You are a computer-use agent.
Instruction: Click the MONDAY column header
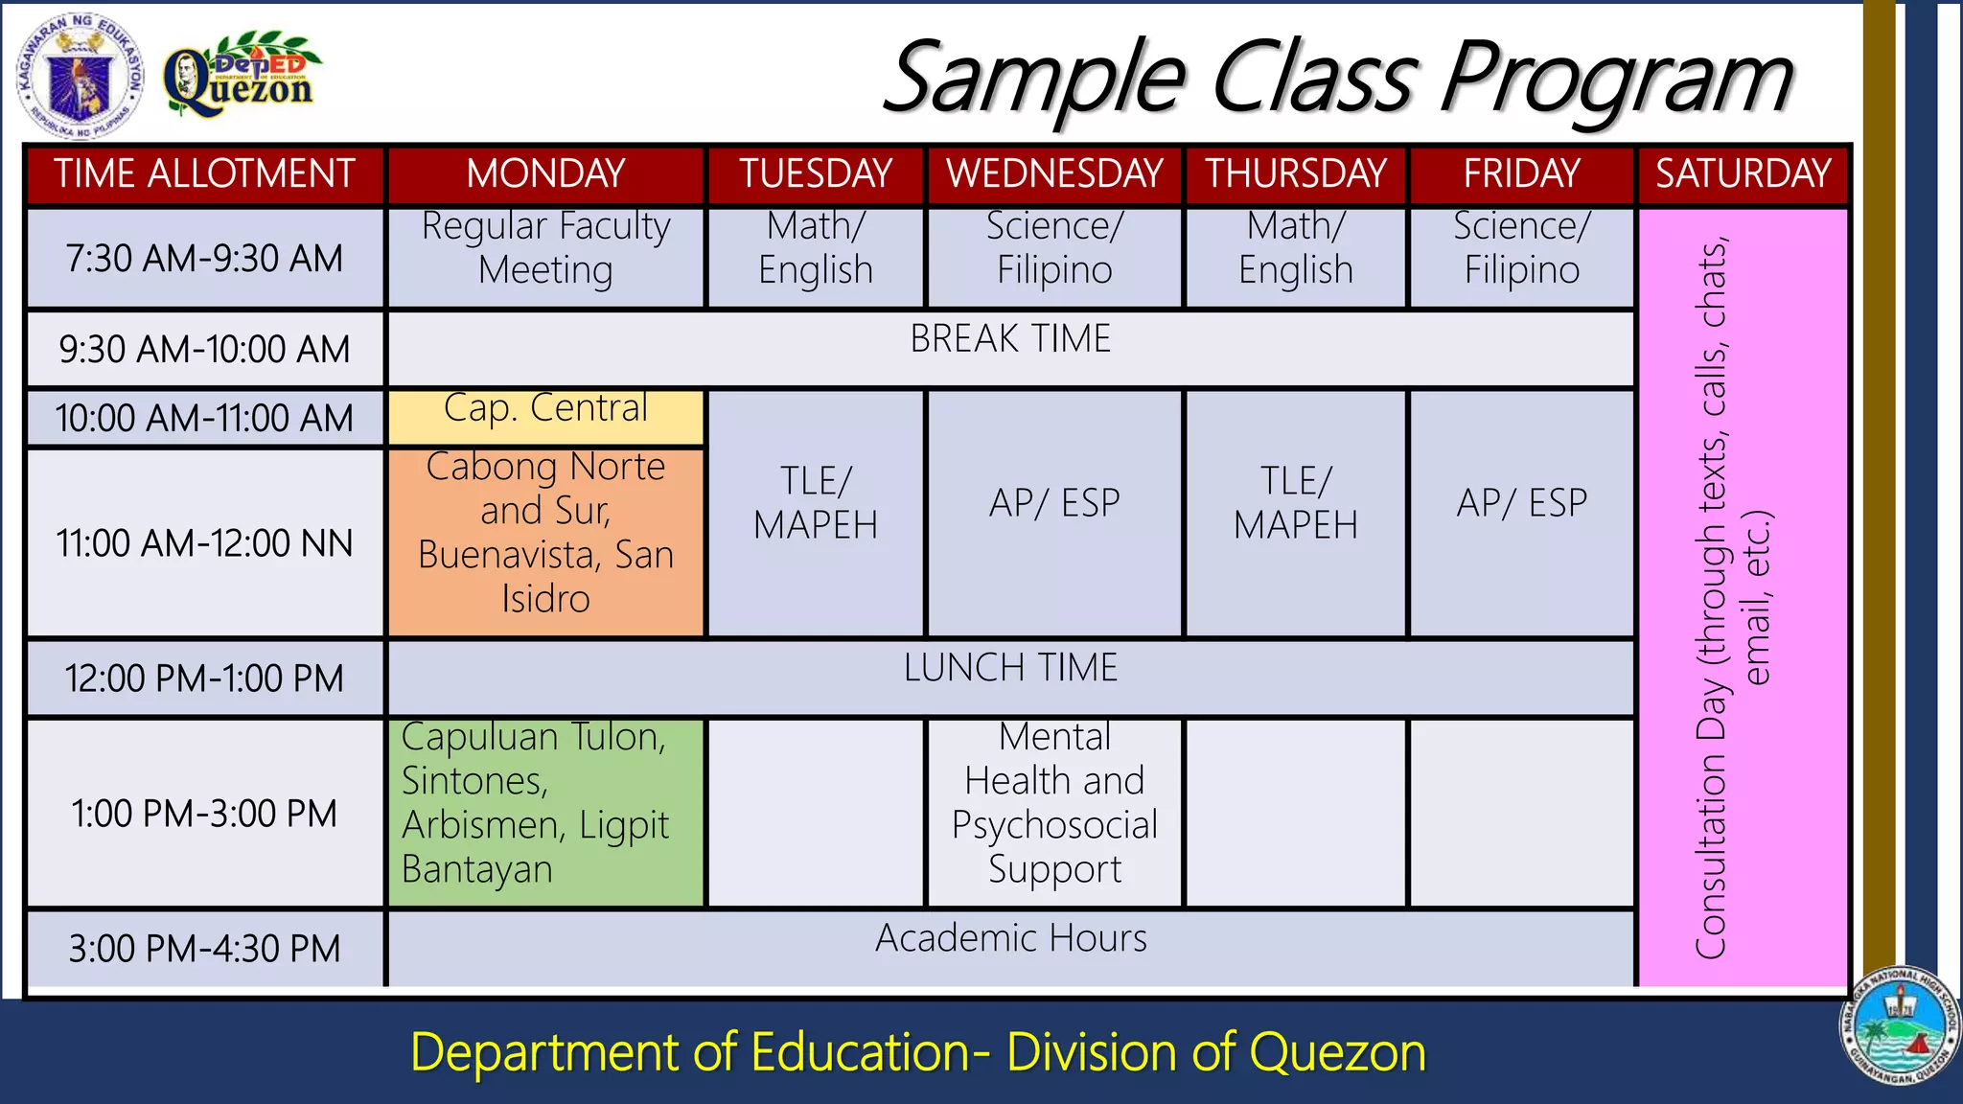pyautogui.click(x=545, y=174)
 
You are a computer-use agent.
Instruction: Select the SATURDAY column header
pyautogui.click(x=1743, y=174)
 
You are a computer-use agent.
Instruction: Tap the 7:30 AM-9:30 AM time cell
pyautogui.click(x=204, y=259)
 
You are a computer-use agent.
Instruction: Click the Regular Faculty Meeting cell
pyautogui.click(x=545, y=249)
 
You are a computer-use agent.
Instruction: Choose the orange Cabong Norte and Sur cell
pyautogui.click(x=545, y=533)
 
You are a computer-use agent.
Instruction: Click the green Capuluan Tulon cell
pyautogui.click(x=545, y=803)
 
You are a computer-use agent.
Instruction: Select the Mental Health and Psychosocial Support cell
pyautogui.click(x=1054, y=803)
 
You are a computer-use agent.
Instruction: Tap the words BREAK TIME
pyautogui.click(x=1010, y=339)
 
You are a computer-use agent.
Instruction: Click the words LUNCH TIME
pyautogui.click(x=1010, y=668)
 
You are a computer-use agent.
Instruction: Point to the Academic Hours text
pyautogui.click(x=1010, y=938)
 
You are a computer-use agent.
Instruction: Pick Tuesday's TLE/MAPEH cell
pyautogui.click(x=816, y=504)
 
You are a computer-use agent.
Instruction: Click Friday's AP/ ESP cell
pyautogui.click(x=1521, y=504)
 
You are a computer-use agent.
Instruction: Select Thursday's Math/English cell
pyautogui.click(x=1295, y=249)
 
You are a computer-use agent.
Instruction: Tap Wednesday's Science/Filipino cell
pyautogui.click(x=1054, y=249)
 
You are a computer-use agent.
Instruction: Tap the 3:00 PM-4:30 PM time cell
pyautogui.click(x=204, y=949)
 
